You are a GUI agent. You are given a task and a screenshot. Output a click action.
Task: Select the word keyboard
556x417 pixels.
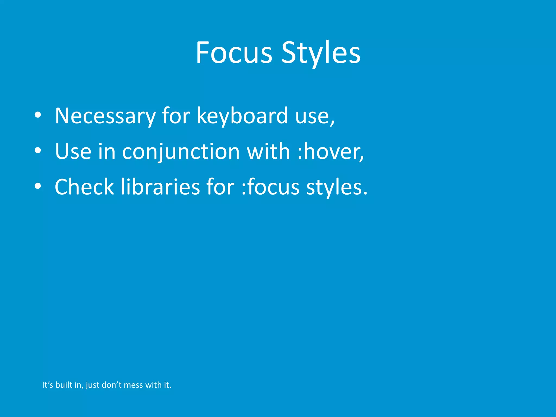click(242, 116)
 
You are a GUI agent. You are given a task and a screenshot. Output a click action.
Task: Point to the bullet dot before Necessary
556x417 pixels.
click(38, 115)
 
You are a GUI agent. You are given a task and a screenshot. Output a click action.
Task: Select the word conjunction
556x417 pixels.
click(181, 151)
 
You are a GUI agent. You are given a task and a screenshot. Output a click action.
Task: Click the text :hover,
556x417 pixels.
click(330, 151)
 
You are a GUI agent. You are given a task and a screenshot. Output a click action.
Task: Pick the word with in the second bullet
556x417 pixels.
click(268, 151)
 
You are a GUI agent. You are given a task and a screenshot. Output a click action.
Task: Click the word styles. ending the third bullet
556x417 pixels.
click(337, 187)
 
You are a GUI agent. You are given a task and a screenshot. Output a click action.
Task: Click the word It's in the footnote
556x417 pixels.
click(48, 385)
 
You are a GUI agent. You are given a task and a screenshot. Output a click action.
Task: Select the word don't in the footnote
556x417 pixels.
click(111, 385)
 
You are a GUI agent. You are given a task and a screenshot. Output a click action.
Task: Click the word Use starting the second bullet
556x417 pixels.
click(73, 151)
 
